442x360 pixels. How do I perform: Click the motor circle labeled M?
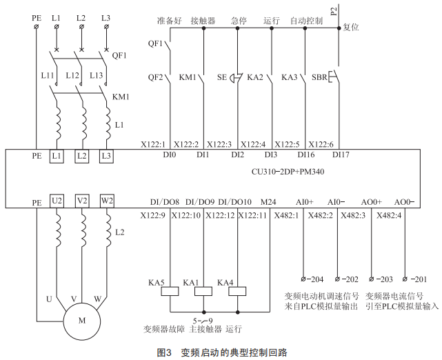82,320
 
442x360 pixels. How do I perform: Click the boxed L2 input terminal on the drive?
81,157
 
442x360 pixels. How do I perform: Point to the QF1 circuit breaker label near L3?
119,56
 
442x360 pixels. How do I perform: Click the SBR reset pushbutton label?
319,77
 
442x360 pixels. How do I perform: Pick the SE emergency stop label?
221,77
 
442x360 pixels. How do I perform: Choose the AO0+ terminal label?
371,202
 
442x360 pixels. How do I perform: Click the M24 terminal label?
266,202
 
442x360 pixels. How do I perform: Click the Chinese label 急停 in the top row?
238,21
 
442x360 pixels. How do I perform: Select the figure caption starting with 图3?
221,352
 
